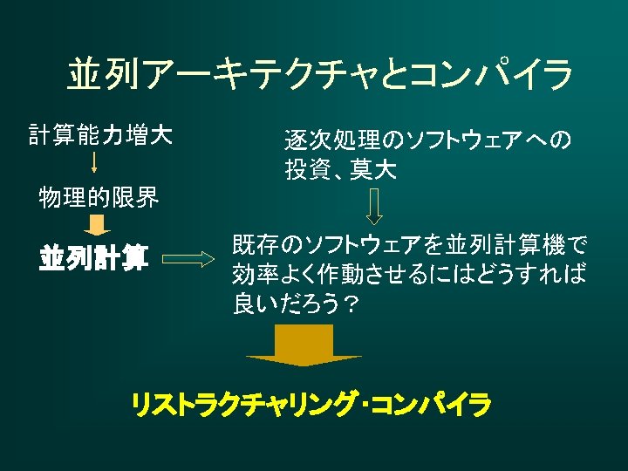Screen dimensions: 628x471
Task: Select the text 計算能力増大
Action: point(100,135)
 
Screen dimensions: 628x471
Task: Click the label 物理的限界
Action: point(99,198)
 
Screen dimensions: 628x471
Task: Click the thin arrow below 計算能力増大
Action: point(94,166)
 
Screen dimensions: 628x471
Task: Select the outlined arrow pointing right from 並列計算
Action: point(188,259)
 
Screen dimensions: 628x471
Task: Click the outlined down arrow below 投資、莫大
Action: point(373,207)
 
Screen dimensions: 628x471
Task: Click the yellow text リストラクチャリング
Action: point(245,405)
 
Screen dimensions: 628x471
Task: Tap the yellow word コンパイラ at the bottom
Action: point(431,405)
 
